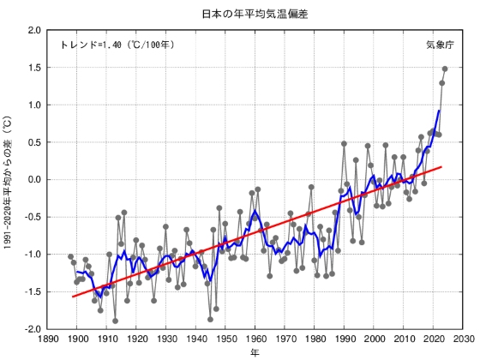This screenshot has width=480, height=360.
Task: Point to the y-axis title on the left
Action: coord(9,178)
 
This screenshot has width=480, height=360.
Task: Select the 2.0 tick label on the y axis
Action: coord(34,30)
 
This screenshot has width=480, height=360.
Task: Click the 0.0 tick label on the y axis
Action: coord(34,179)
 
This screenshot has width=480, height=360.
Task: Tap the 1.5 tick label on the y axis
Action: coord(34,68)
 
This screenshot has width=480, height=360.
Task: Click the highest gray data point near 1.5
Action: coord(445,69)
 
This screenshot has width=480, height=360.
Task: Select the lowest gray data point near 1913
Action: coord(115,321)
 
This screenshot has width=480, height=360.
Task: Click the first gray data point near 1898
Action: coord(71,256)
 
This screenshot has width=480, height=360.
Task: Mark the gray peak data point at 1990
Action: coord(344,144)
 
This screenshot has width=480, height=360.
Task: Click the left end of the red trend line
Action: coord(73,297)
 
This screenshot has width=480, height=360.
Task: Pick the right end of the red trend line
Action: coord(441,167)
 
